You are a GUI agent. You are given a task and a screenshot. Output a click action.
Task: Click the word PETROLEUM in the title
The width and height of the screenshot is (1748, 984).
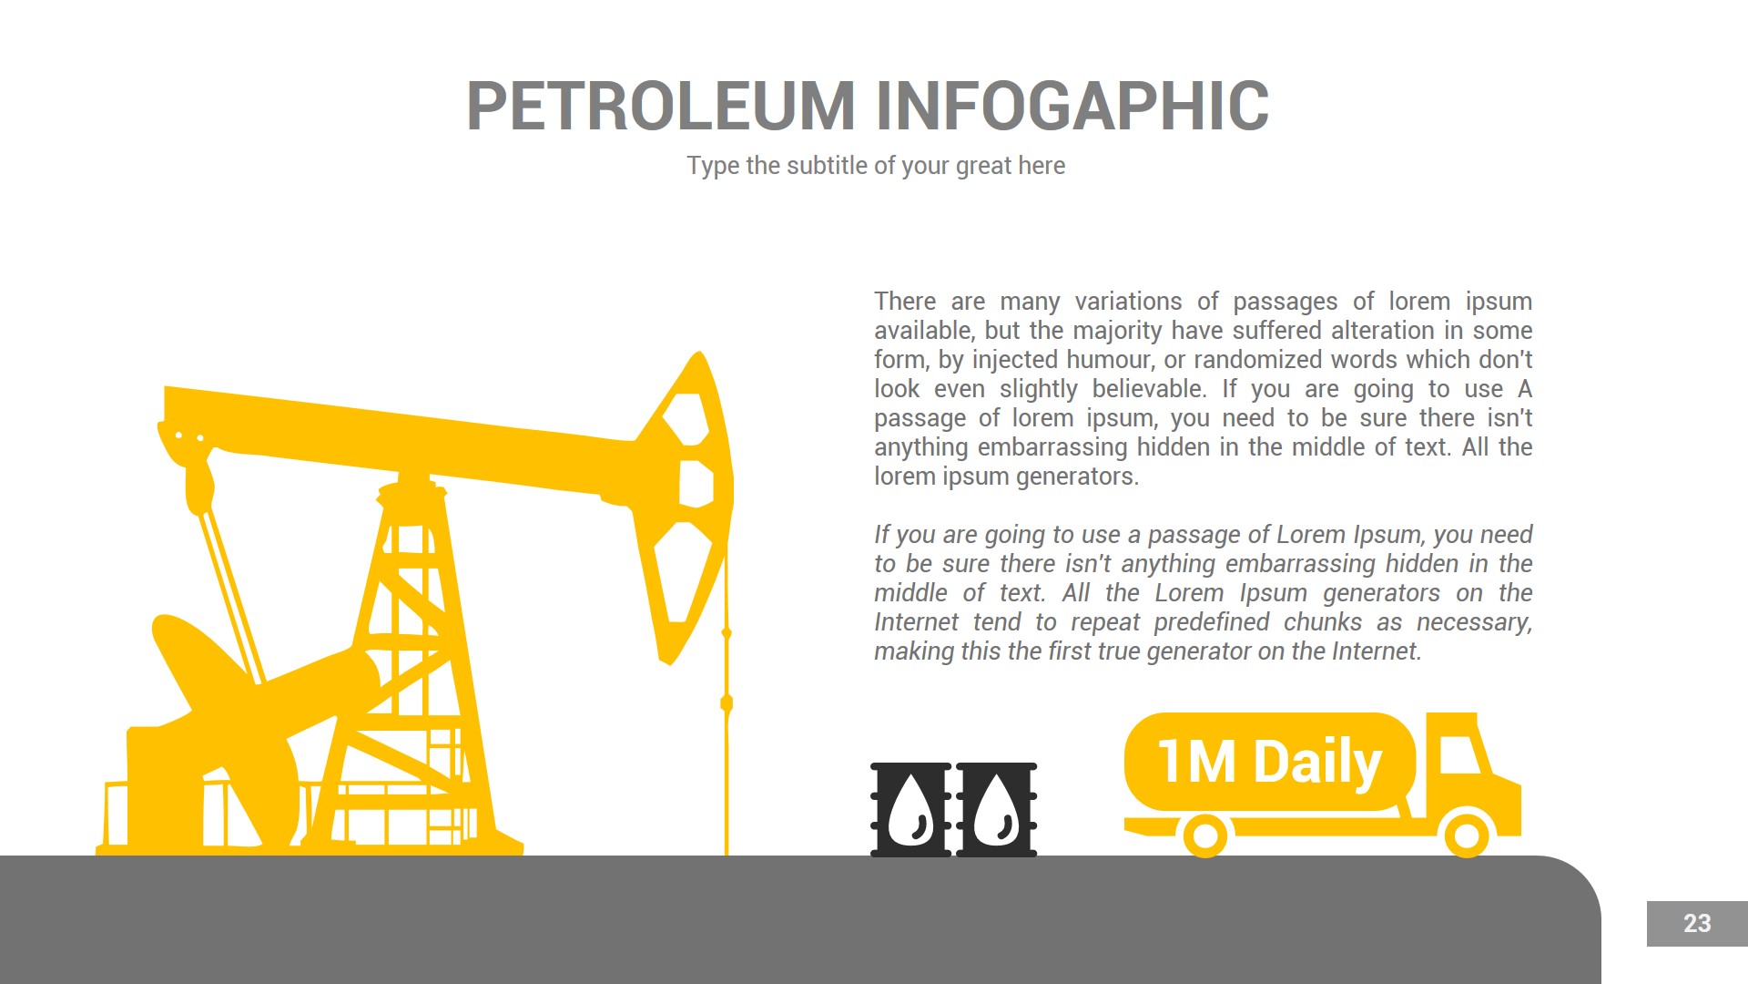[x=660, y=107]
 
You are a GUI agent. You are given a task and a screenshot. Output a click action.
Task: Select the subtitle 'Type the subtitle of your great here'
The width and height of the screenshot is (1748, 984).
[x=875, y=166]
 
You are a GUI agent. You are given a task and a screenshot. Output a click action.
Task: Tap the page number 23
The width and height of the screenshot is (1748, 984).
[x=1696, y=924]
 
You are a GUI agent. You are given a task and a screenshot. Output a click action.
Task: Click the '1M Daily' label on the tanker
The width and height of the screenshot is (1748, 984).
[x=1269, y=762]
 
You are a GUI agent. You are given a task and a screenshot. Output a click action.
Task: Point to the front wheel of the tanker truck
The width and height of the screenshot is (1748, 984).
[x=1467, y=835]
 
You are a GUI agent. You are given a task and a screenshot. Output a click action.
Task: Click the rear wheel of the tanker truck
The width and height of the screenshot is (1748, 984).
[x=1204, y=835]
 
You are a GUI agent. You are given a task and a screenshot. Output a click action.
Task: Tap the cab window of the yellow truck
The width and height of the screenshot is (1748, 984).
[x=1458, y=755]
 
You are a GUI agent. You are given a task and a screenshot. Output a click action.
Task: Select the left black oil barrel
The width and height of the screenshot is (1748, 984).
[x=910, y=809]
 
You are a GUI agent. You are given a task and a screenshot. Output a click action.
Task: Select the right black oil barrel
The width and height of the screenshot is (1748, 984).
[x=996, y=809]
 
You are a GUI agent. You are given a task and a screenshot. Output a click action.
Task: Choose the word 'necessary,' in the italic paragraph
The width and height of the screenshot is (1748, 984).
[x=1474, y=622]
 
